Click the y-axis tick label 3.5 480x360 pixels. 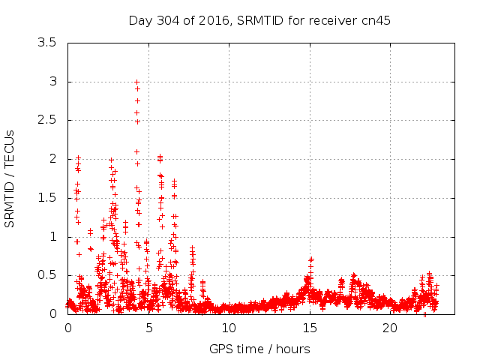point(47,43)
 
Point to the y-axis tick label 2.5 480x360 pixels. point(47,120)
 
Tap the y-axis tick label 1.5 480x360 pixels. point(47,197)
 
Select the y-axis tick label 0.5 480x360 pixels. point(47,275)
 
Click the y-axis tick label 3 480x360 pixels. point(52,81)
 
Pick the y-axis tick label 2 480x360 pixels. point(52,159)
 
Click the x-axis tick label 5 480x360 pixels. point(148,328)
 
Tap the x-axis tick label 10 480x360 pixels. point(229,328)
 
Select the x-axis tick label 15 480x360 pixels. point(309,328)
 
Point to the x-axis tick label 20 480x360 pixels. point(390,328)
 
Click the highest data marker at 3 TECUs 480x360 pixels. point(136,82)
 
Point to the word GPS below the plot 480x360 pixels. point(221,349)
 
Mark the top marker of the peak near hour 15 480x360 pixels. point(310,259)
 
